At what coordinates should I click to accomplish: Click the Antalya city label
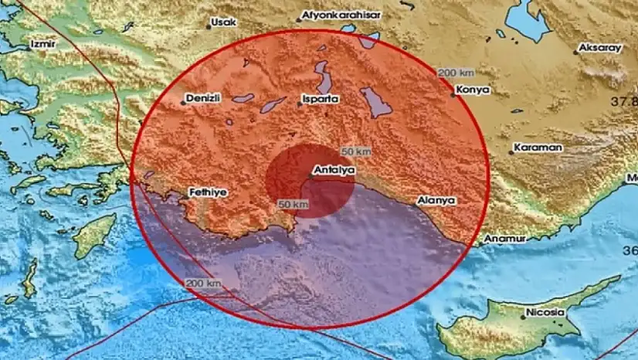(334, 168)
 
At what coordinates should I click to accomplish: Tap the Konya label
(473, 90)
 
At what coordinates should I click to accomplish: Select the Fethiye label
(209, 192)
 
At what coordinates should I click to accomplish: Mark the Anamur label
(505, 239)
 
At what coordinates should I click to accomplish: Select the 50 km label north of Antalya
(356, 150)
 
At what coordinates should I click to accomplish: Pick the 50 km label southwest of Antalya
(294, 204)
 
